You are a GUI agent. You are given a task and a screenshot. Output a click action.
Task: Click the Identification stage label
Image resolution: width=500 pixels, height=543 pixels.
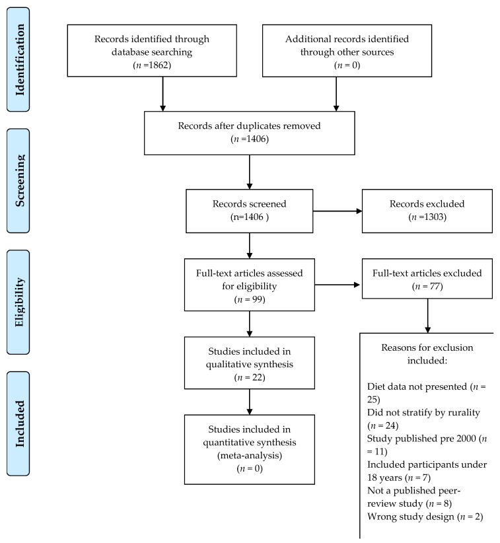pyautogui.click(x=18, y=59)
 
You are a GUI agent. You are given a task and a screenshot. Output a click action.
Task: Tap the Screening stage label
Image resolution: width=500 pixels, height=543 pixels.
pyautogui.click(x=18, y=181)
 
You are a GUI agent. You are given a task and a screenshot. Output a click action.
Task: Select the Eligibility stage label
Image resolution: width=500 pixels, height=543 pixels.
pyautogui.click(x=18, y=302)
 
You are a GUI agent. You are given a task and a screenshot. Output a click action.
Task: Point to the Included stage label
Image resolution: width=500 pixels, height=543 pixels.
pyautogui.click(x=18, y=423)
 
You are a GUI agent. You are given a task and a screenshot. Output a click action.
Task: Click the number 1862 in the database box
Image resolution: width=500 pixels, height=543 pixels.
pyautogui.click(x=160, y=65)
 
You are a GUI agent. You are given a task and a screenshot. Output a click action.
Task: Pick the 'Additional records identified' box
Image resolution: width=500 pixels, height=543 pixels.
pyautogui.click(x=347, y=51)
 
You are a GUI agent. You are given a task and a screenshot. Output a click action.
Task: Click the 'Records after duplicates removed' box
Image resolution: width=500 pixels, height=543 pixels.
pyautogui.click(x=249, y=133)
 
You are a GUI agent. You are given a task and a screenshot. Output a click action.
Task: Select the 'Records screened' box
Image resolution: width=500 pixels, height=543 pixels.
pyautogui.click(x=249, y=211)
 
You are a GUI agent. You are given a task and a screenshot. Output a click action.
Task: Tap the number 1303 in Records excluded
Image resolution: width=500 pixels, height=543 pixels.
pyautogui.click(x=434, y=217)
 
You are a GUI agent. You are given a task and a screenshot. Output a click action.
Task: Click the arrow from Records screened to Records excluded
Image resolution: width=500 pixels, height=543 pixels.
pyautogui.click(x=338, y=211)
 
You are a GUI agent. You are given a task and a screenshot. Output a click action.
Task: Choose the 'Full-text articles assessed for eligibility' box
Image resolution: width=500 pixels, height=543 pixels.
pyautogui.click(x=249, y=285)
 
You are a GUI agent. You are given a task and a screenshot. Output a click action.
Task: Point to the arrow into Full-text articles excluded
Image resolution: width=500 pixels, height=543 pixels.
pyautogui.click(x=338, y=285)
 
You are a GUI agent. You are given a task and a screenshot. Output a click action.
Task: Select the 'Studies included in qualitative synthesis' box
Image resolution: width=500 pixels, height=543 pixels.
pyautogui.click(x=249, y=363)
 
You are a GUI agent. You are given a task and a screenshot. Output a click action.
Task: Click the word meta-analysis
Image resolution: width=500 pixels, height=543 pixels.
pyautogui.click(x=250, y=455)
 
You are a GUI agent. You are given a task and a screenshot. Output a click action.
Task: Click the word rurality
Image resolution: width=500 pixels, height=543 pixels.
pyautogui.click(x=464, y=412)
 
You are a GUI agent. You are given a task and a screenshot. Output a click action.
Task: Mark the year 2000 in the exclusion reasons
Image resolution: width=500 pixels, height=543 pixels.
pyautogui.click(x=466, y=439)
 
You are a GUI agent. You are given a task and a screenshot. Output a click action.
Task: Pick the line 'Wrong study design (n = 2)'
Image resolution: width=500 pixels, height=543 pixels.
pyautogui.click(x=425, y=517)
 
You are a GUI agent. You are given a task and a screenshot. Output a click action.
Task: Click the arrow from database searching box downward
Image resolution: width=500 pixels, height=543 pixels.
pyautogui.click(x=162, y=94)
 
